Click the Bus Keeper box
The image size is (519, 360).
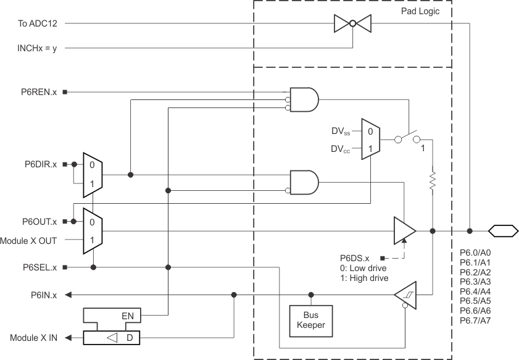[x=310, y=319]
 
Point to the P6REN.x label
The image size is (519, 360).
[x=39, y=92]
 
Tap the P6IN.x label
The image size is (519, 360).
[x=43, y=295]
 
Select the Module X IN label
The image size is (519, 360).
[x=33, y=338]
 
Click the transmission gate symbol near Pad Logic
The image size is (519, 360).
[x=352, y=23]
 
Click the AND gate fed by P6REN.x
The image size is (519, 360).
[x=305, y=99]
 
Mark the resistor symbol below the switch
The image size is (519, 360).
[x=433, y=180]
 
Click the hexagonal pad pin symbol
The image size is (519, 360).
[x=503, y=231]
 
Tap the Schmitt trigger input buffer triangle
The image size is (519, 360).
[x=405, y=295]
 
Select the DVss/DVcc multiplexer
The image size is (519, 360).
[x=370, y=140]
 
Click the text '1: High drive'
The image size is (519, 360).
[x=364, y=278]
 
